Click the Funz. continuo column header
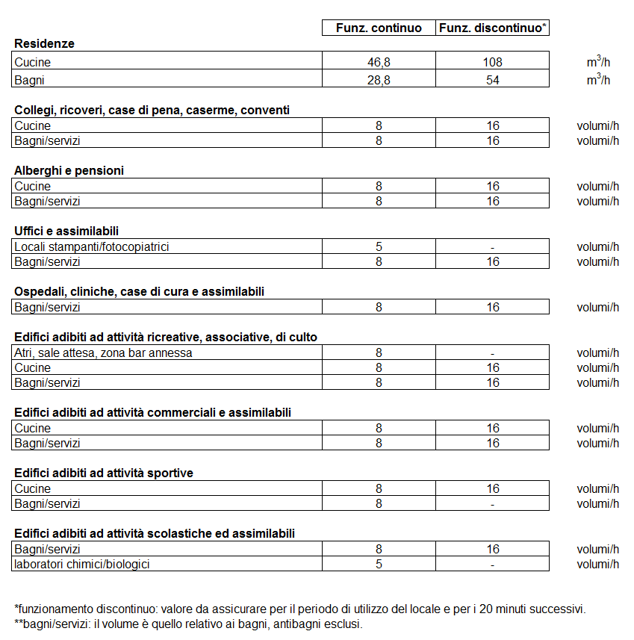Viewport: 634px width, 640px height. pos(379,28)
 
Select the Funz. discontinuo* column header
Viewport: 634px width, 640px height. pos(493,28)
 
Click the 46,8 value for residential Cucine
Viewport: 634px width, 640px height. pos(379,63)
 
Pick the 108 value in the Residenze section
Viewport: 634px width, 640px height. pos(493,63)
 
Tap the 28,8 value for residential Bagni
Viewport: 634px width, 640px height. pos(379,80)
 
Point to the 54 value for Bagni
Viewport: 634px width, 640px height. pos(493,80)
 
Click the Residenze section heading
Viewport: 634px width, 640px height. pos(45,44)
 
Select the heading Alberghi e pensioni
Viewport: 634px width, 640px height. pos(69,170)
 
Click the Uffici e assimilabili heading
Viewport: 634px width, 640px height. pos(66,231)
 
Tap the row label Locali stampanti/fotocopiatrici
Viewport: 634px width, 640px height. pos(91,246)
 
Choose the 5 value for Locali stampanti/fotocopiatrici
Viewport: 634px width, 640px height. pos(379,247)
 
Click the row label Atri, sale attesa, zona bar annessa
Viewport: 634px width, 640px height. pos(103,352)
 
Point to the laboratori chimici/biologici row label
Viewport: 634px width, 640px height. pos(82,564)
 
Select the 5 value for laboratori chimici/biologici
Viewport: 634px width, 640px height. pos(379,565)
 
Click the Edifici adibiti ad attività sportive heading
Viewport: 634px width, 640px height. pos(104,473)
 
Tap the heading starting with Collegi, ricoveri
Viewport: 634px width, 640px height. pos(152,110)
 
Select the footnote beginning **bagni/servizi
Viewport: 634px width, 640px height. pos(188,624)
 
